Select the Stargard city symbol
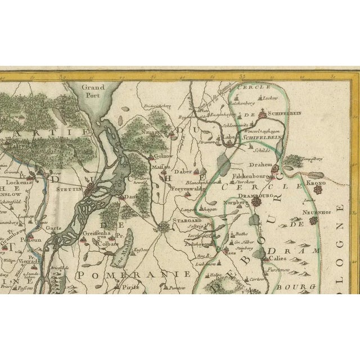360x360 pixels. point(164,227)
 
